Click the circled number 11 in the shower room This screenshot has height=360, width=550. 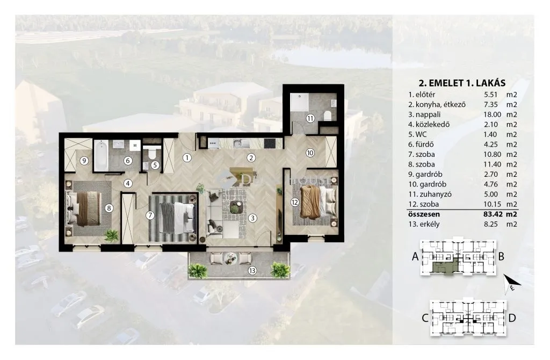[310, 118]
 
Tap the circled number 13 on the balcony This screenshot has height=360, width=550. [252, 270]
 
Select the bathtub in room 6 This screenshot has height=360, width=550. [100, 155]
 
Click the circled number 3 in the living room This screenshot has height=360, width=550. [252, 218]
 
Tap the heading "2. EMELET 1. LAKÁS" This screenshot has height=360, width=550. [462, 83]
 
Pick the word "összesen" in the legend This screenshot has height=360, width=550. [424, 214]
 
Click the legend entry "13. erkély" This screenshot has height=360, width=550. [424, 224]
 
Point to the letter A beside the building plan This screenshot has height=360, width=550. [415, 256]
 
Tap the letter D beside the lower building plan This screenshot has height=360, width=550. [512, 318]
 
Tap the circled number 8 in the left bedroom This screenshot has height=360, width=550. [109, 208]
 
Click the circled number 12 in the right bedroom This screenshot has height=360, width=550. [295, 202]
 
